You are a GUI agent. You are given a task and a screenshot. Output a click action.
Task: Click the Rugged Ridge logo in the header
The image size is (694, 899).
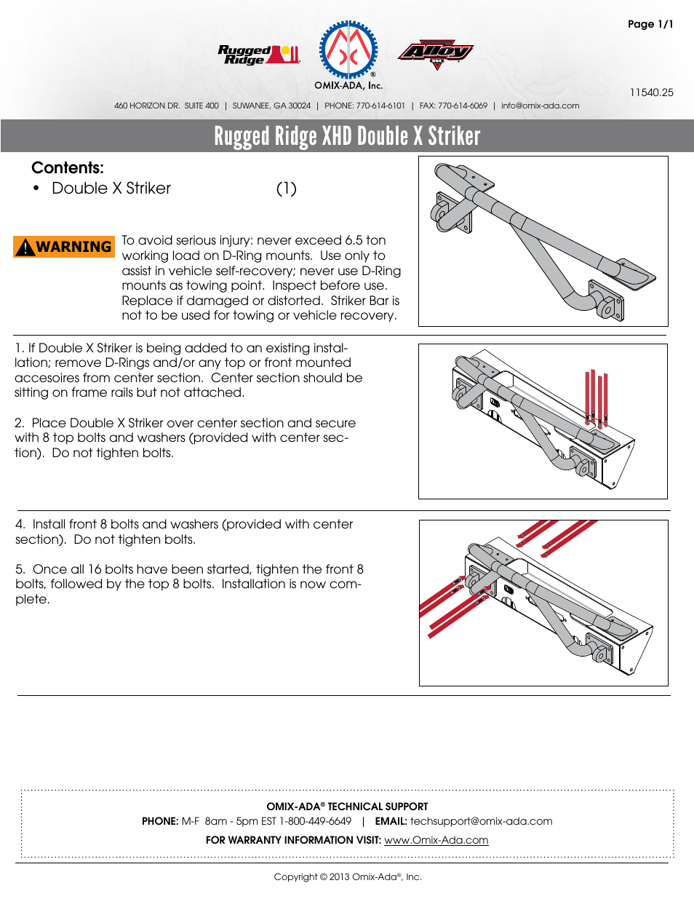point(258,55)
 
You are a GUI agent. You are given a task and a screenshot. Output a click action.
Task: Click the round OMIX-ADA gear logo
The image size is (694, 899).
point(349,50)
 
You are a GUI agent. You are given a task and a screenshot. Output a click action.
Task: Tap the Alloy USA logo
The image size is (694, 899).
point(435,53)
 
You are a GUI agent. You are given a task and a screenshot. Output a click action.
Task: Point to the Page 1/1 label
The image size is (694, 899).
point(650,24)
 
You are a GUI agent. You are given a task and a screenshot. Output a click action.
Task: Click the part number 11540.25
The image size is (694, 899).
point(651,92)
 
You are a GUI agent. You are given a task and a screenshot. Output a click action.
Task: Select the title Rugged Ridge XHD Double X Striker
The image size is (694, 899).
point(347,136)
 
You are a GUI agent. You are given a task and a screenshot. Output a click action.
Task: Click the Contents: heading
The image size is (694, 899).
point(68,167)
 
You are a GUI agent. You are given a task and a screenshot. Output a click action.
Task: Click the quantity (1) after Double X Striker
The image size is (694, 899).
point(286,189)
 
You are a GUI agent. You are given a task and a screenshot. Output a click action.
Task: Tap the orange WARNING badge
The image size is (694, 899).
point(64,247)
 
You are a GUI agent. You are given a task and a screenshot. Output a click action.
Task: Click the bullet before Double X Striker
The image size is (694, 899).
point(36,189)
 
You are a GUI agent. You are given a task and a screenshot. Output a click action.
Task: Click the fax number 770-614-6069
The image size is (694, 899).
point(462,106)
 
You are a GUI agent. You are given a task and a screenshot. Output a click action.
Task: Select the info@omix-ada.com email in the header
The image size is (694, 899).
point(540,106)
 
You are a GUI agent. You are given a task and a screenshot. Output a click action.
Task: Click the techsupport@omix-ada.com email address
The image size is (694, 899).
point(481,821)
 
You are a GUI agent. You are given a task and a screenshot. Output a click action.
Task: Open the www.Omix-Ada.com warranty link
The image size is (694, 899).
point(436,840)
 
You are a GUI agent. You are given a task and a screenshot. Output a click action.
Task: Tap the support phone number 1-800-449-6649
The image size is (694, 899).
point(315,821)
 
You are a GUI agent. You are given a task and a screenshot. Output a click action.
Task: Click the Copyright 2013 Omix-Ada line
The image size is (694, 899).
point(347,876)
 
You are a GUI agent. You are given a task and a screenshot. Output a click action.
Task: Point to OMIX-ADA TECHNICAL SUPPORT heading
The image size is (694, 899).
point(347,807)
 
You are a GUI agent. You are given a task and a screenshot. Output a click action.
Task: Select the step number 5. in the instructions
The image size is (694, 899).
point(20,569)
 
